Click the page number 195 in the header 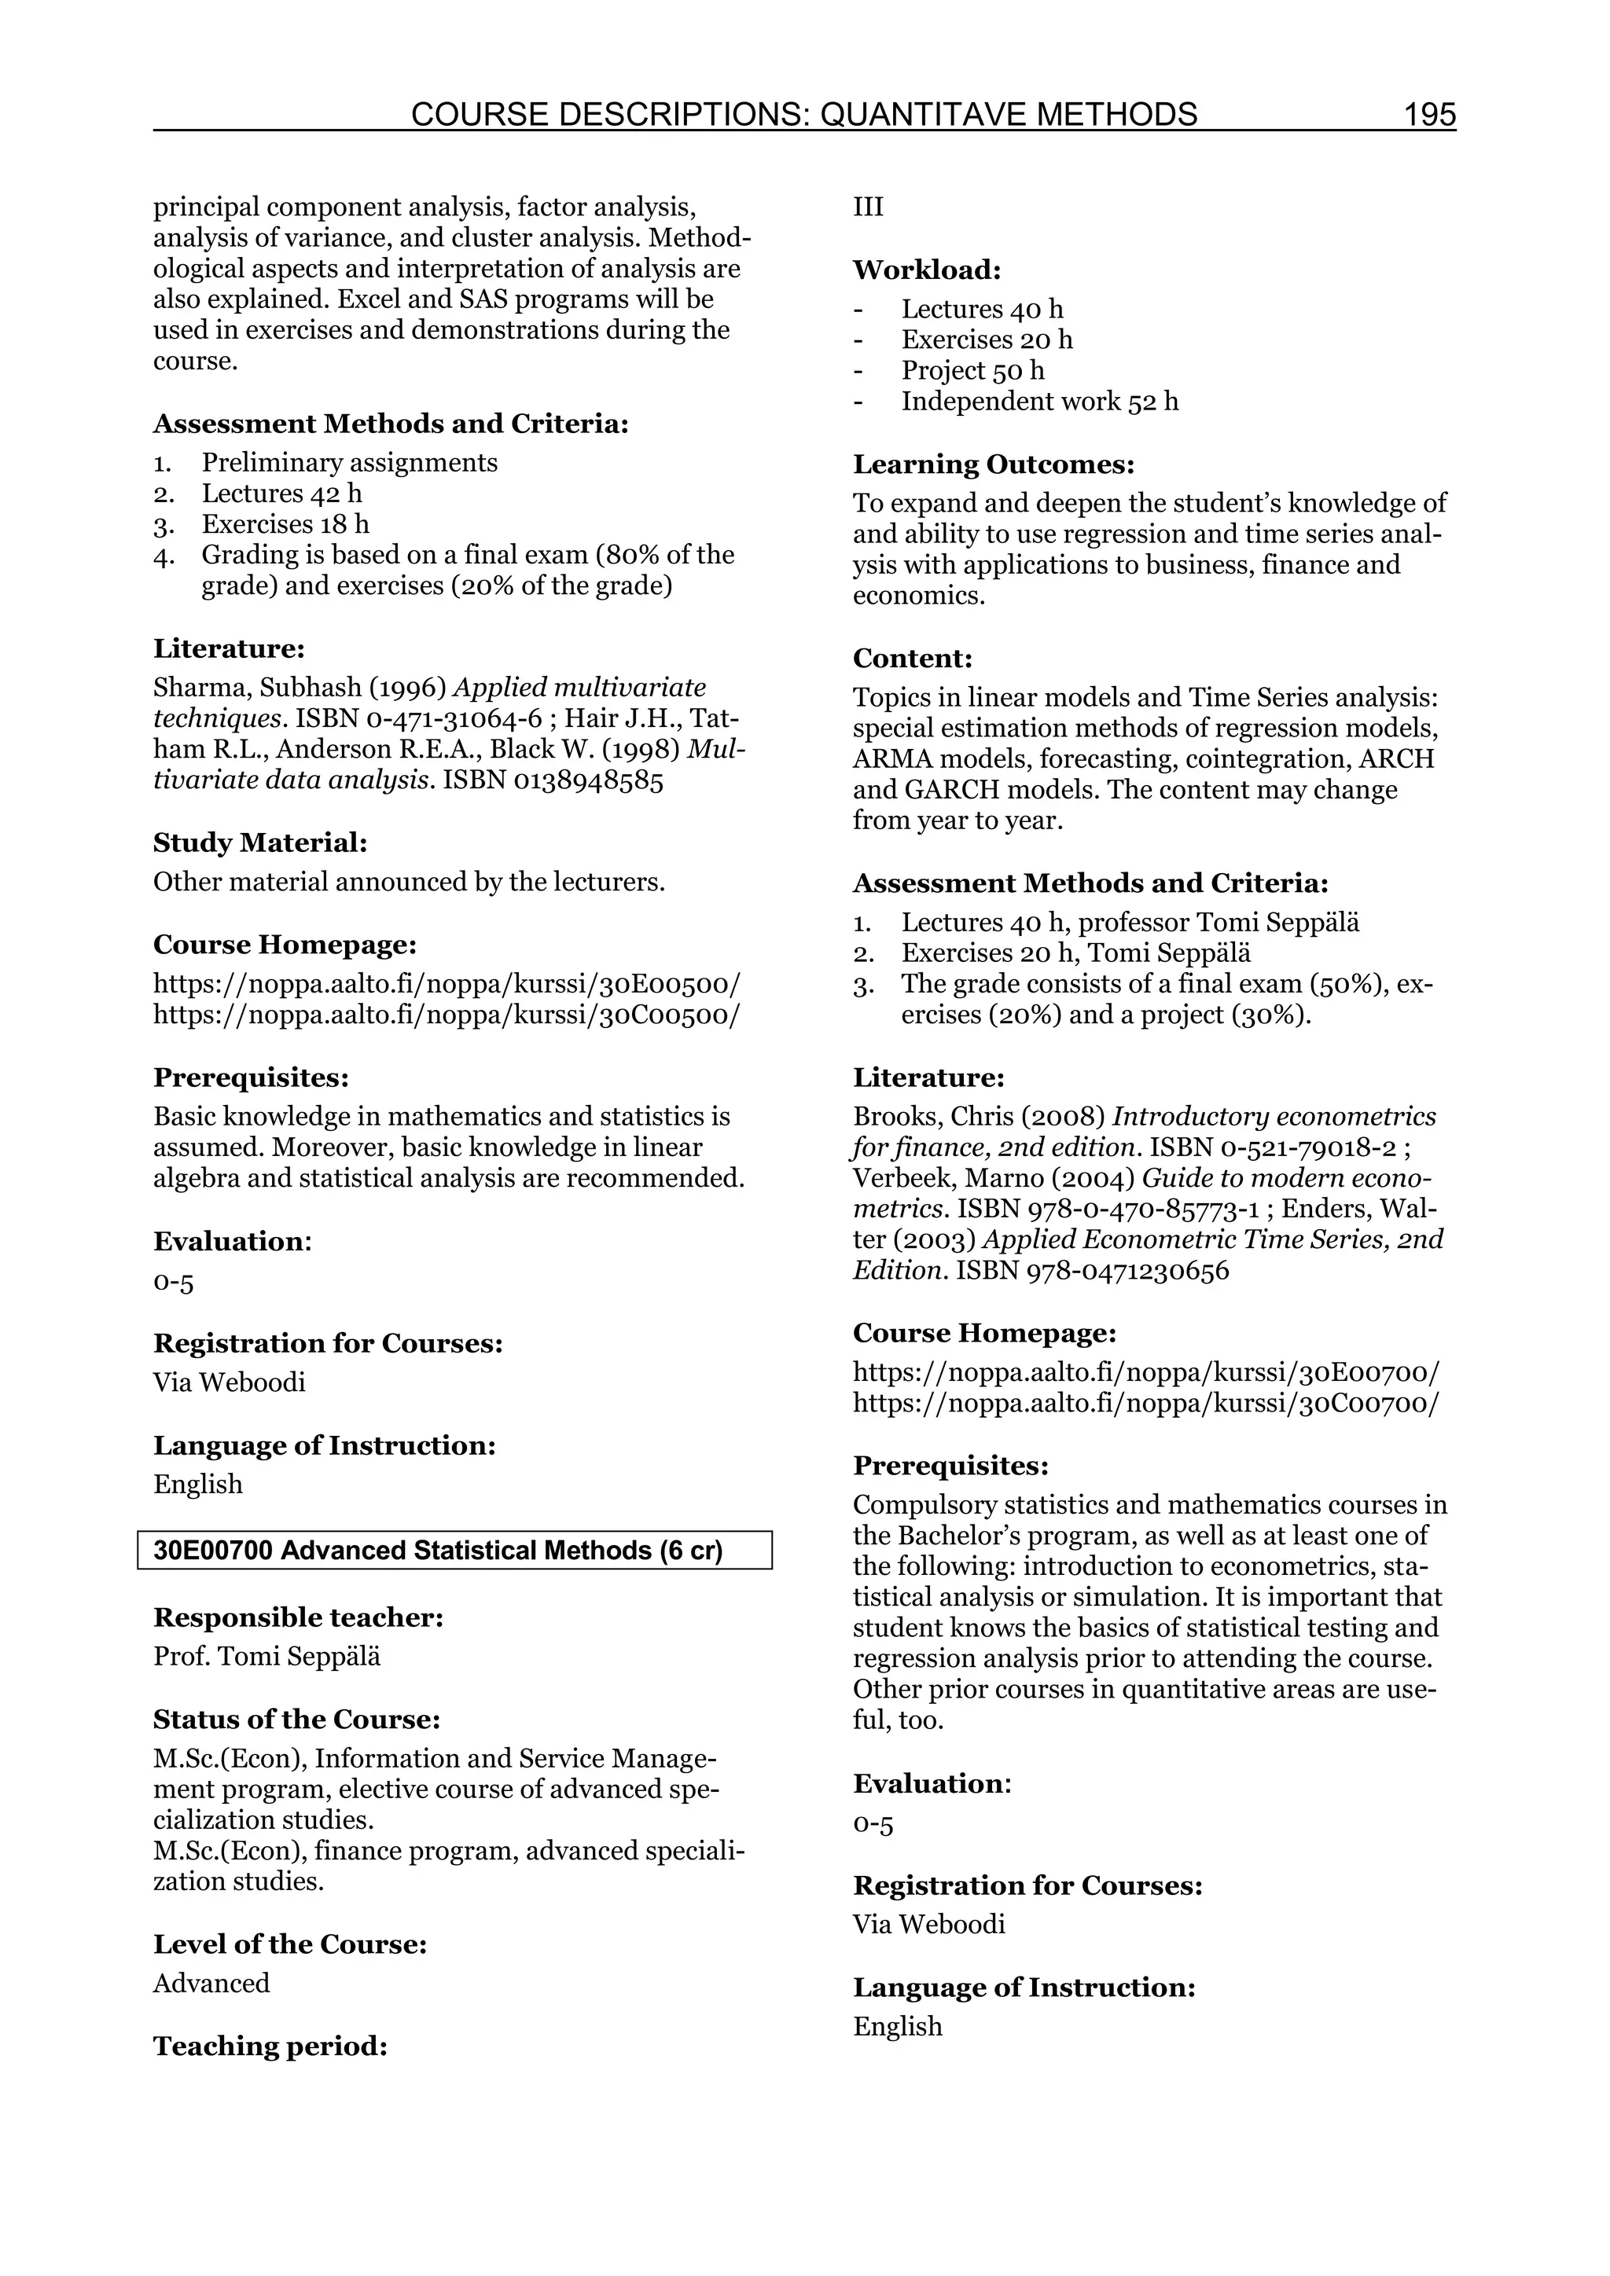click(1428, 115)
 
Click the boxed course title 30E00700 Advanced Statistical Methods click(437, 1551)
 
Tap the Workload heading click(927, 270)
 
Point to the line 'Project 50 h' click(972, 371)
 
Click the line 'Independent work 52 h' click(1039, 402)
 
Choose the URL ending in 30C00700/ click(1146, 1404)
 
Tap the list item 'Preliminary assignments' click(349, 463)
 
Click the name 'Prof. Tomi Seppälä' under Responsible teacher click(266, 1657)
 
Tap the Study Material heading click(259, 842)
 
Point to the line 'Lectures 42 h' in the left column click(281, 494)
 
